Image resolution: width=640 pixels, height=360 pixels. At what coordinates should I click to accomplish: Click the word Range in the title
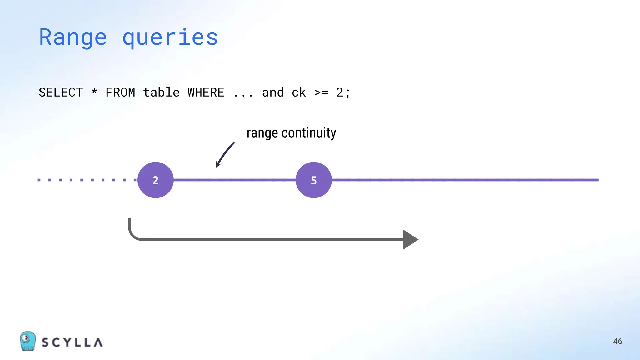pos(73,37)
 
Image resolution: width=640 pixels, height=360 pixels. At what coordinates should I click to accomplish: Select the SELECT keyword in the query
pos(61,92)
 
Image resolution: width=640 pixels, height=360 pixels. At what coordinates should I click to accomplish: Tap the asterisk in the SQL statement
pos(94,92)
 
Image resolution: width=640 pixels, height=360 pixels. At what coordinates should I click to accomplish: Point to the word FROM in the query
pos(120,92)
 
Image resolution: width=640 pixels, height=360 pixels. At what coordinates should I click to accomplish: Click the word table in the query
pos(161,92)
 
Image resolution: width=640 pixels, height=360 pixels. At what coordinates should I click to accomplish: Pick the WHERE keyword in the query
pos(206,92)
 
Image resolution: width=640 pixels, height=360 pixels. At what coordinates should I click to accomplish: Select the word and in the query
pos(273,92)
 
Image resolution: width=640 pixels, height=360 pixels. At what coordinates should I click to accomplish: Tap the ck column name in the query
pos(299,92)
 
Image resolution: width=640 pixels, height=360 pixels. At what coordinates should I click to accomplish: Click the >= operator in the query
pos(321,92)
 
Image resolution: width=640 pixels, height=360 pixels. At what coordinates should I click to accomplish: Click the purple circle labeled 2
pos(156,180)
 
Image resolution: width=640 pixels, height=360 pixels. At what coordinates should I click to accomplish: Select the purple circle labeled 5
pos(314,180)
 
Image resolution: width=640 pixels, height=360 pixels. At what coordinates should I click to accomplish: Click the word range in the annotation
pos(262,133)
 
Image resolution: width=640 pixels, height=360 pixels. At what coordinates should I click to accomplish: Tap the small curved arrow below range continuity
pos(225,154)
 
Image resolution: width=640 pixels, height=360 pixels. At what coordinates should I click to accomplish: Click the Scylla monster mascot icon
pos(28,341)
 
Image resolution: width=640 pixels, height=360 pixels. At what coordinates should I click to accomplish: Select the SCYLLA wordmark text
pos(72,342)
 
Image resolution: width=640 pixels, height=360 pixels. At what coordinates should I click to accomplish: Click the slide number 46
pos(617,341)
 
